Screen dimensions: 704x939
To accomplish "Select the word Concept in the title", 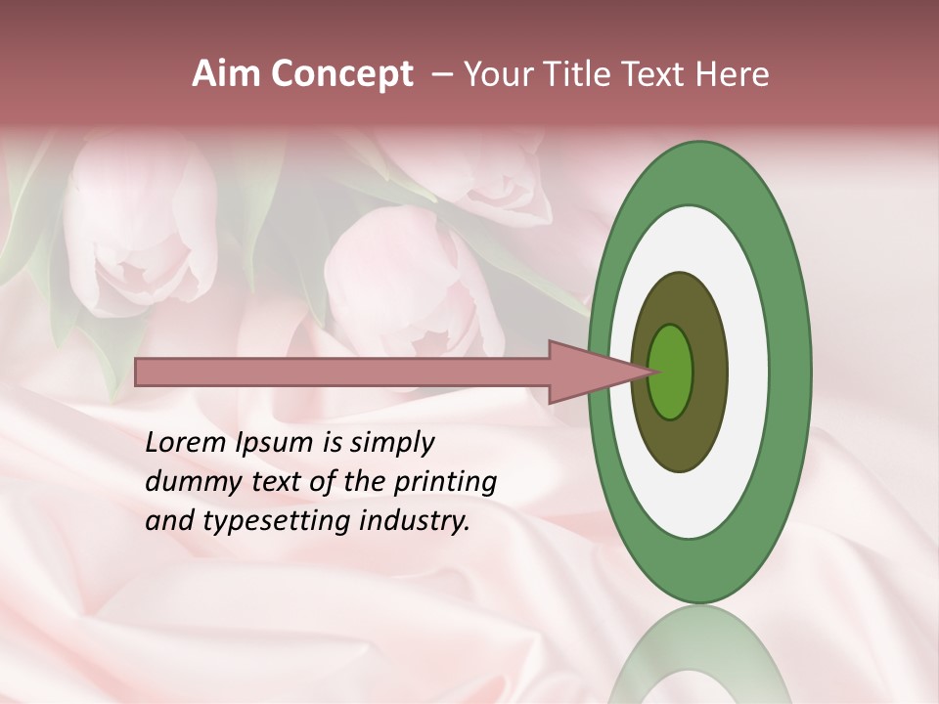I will [x=341, y=75].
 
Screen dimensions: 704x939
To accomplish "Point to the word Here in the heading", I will [x=735, y=74].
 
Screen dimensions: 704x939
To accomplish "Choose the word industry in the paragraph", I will [x=415, y=521].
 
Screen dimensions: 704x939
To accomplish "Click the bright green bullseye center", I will [x=671, y=372].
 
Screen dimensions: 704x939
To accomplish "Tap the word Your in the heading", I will [x=496, y=74].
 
